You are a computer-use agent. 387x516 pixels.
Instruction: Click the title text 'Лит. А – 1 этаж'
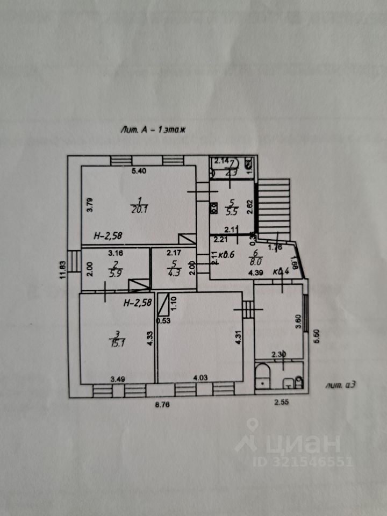pyautogui.click(x=153, y=130)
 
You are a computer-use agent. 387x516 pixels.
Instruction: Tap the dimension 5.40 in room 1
pyautogui.click(x=139, y=171)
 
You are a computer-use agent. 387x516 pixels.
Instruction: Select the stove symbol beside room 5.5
pyautogui.click(x=213, y=206)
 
